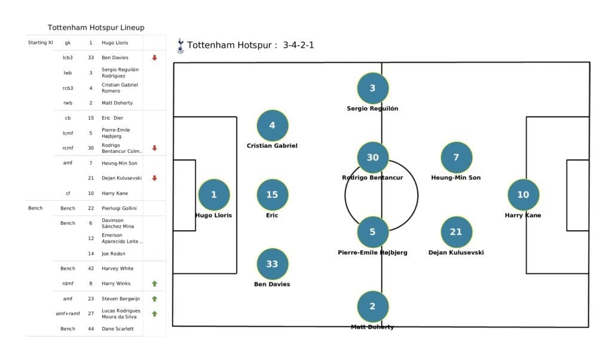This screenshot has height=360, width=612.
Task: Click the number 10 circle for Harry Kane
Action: (x=523, y=194)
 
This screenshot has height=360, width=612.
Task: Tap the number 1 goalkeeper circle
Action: (x=214, y=194)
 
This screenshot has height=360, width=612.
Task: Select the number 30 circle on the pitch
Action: (x=372, y=157)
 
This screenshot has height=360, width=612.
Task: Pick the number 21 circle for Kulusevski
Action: (x=456, y=232)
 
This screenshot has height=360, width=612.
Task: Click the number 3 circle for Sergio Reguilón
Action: (x=372, y=89)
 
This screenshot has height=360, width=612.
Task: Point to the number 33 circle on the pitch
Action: (x=272, y=264)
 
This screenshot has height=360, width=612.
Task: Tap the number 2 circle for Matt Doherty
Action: (x=372, y=306)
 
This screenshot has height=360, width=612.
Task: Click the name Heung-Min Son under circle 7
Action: (x=456, y=178)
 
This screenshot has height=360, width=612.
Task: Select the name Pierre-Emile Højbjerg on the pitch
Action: (x=372, y=252)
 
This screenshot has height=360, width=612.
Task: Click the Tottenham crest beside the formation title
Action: (x=180, y=45)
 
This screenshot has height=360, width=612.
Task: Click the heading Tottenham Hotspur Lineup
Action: (x=96, y=28)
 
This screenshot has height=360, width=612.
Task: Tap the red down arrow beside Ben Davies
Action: (x=154, y=58)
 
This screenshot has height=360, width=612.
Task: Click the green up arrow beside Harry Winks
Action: (x=154, y=283)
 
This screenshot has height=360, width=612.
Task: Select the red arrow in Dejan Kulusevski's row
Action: (x=154, y=178)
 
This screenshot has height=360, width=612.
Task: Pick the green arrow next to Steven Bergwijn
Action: (x=154, y=298)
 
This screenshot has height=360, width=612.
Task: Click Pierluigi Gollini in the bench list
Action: (x=119, y=208)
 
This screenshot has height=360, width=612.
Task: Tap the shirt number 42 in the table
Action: (x=90, y=269)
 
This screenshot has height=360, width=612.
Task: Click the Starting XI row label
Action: (x=41, y=42)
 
